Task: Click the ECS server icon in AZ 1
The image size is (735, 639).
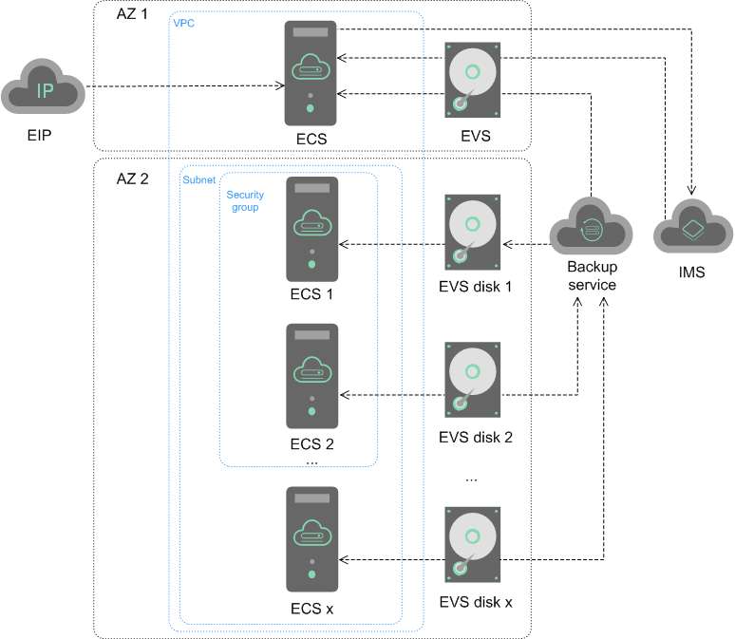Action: [311, 73]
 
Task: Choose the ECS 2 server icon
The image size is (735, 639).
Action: [311, 377]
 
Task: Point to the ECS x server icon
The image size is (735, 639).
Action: [311, 539]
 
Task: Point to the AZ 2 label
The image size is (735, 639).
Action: [132, 179]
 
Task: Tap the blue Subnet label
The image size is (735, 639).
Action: [198, 179]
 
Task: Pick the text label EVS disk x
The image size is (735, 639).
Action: [476, 602]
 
